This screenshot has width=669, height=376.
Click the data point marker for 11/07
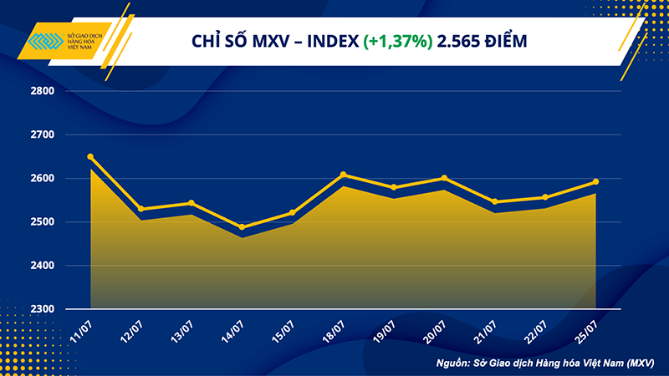[x=90, y=157]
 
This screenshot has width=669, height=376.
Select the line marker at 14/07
[x=242, y=227]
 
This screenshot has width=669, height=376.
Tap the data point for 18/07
[x=343, y=175]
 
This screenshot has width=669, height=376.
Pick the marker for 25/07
[x=595, y=181]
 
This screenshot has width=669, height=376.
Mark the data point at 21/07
[x=494, y=201]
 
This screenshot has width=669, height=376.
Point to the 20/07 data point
[x=444, y=178]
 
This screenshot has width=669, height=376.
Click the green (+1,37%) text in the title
[x=397, y=41]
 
